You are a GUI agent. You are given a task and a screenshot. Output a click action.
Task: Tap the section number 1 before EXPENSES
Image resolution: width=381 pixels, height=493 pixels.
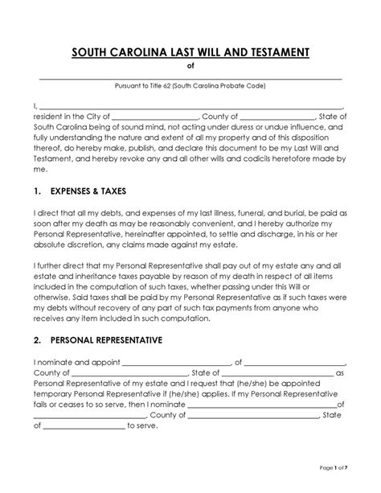point(36,194)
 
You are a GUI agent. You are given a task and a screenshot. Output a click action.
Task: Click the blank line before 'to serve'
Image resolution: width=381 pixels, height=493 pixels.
point(83,426)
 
